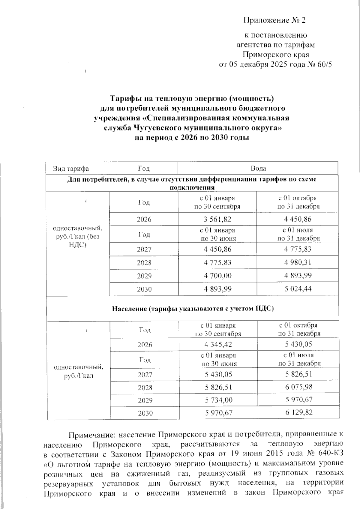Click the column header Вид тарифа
[71, 169]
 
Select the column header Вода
[258, 169]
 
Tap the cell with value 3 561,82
[217, 219]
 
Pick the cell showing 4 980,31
[298, 262]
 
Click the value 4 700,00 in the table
[217, 276]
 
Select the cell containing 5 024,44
[298, 289]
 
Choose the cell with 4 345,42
[218, 344]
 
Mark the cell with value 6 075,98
[299, 387]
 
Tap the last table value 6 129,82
[299, 412]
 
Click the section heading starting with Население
[193, 309]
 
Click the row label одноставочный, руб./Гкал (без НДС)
[77, 236]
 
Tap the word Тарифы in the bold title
[124, 98]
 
